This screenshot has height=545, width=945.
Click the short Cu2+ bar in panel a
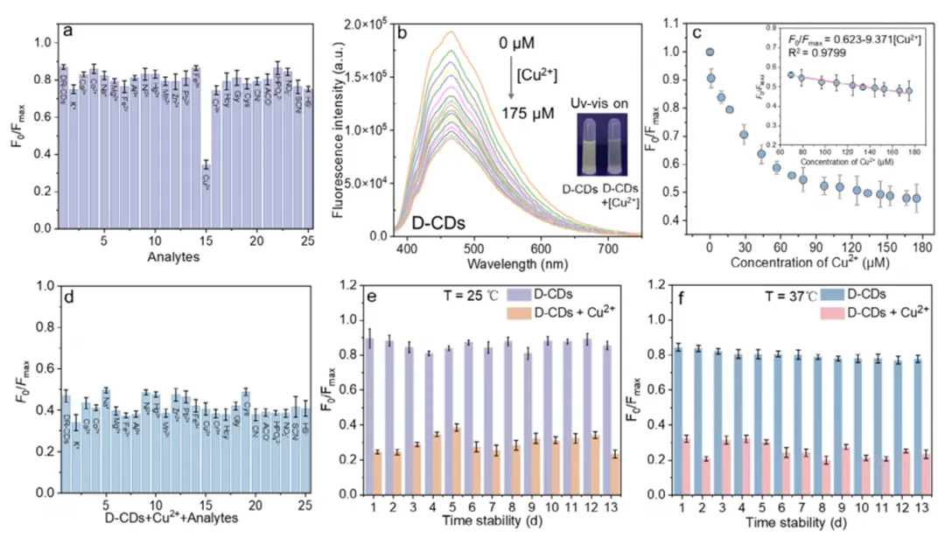(x=206, y=197)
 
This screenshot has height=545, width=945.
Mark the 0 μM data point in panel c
(x=710, y=52)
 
